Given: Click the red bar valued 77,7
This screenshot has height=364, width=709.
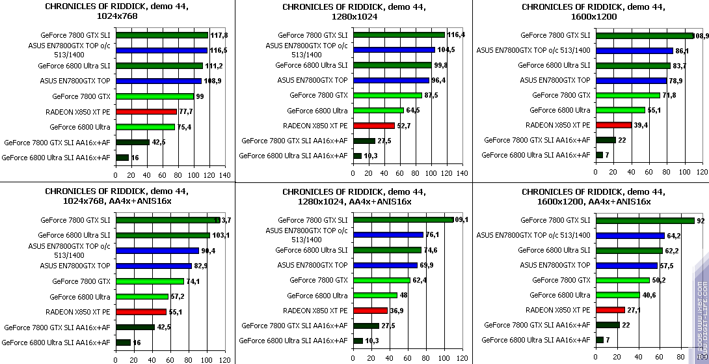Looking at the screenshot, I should click(x=146, y=111).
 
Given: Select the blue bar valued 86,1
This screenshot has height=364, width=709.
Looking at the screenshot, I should click(x=634, y=50).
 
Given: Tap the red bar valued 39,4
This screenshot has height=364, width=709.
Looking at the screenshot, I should click(x=613, y=125).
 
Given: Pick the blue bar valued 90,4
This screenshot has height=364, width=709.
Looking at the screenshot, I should click(x=157, y=250).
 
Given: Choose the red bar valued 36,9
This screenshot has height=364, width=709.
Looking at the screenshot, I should click(x=370, y=311).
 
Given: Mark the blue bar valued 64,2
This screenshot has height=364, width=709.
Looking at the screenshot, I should click(x=630, y=235).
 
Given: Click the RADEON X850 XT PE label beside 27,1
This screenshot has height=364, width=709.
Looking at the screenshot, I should click(x=557, y=310).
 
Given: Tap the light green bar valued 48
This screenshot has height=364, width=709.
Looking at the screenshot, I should click(x=375, y=295).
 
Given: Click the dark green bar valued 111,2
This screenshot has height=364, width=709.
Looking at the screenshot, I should click(x=159, y=66).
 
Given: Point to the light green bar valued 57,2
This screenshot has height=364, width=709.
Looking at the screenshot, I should click(x=142, y=296).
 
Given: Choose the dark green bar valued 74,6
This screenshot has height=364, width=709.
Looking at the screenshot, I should click(x=387, y=250).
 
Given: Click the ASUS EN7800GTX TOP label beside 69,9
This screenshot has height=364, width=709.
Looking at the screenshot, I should click(x=312, y=265).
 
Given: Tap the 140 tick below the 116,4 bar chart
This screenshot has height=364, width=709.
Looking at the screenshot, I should click(x=462, y=175).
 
